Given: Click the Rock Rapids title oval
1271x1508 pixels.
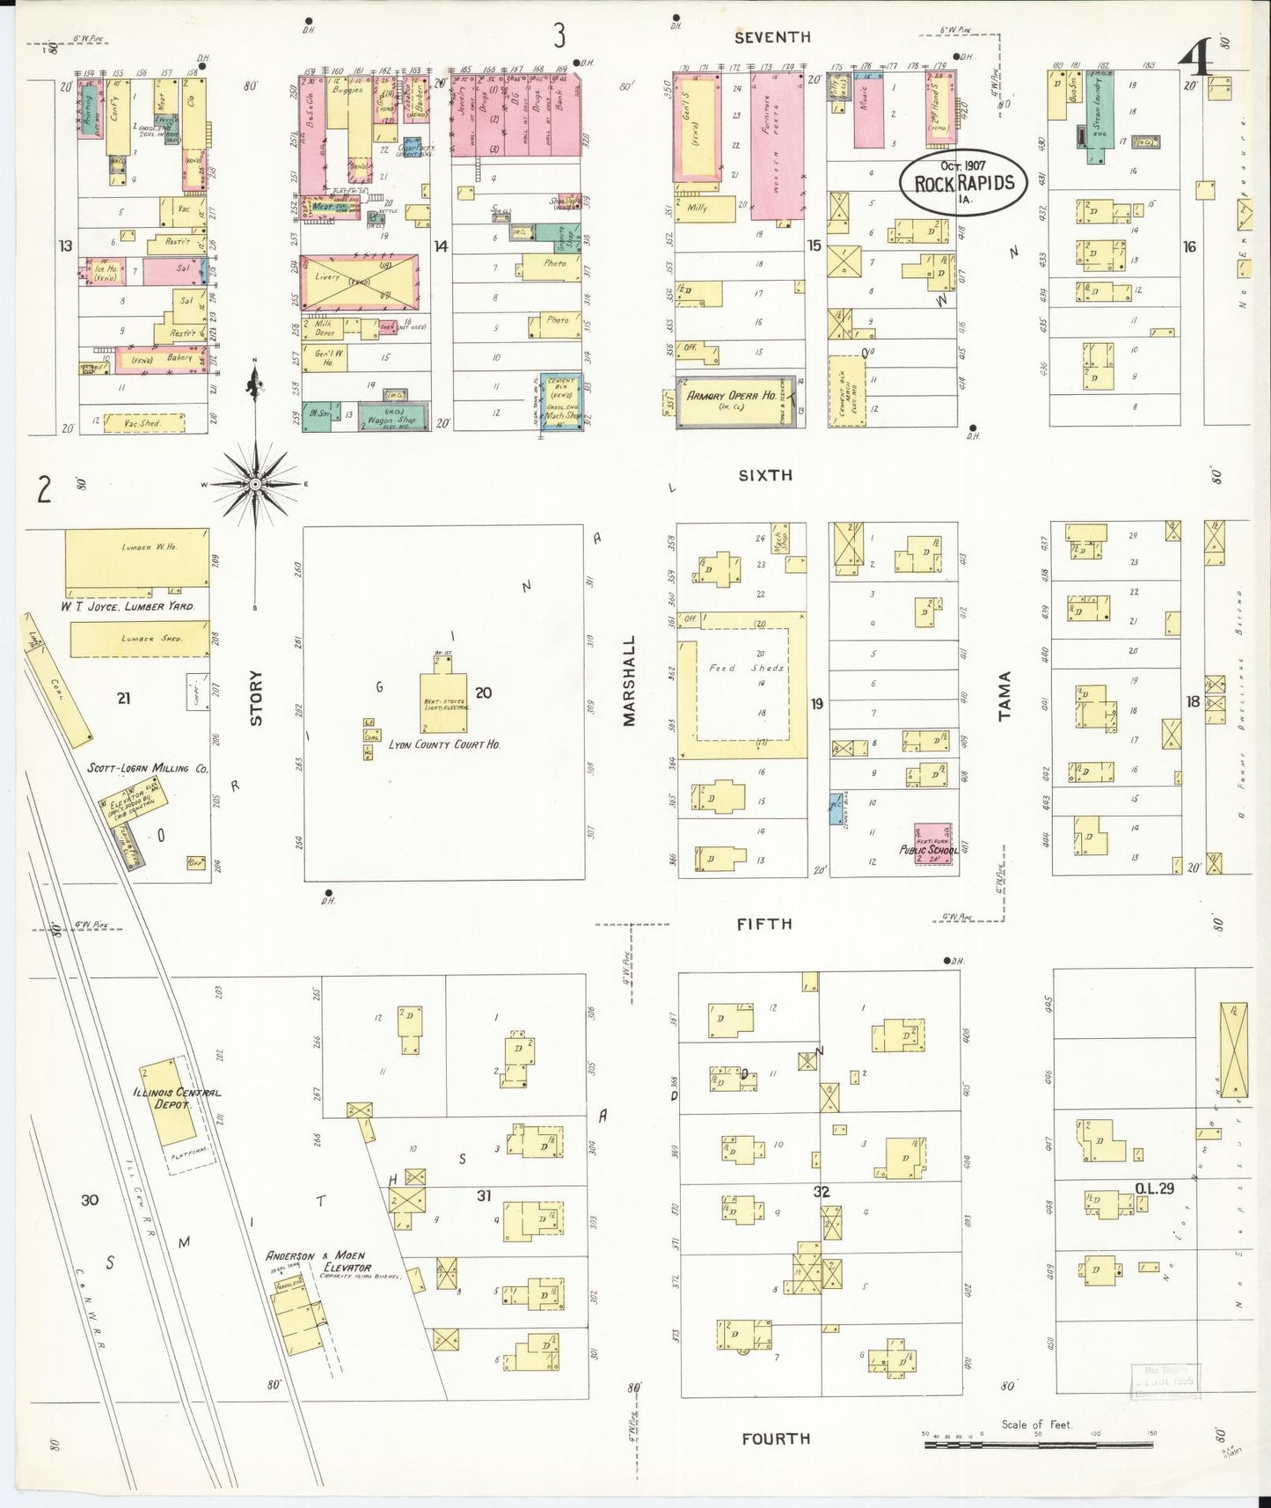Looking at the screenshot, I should pyautogui.click(x=963, y=183).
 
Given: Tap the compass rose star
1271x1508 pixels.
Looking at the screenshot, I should pyautogui.click(x=255, y=484).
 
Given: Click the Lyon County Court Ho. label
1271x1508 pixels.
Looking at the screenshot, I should pyautogui.click(x=444, y=744).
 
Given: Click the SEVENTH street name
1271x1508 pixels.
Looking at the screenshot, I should pyautogui.click(x=772, y=37).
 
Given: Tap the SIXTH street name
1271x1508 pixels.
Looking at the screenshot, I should pyautogui.click(x=764, y=475).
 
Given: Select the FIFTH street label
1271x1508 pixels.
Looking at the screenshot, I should pyautogui.click(x=764, y=924).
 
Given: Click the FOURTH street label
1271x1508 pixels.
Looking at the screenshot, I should pyautogui.click(x=775, y=1438).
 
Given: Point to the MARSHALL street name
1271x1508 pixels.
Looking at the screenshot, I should pyautogui.click(x=629, y=681).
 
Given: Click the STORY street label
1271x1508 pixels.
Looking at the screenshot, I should pyautogui.click(x=256, y=698).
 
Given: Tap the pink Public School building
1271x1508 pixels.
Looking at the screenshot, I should pyautogui.click(x=932, y=843).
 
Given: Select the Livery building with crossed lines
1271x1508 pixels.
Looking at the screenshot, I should pyautogui.click(x=358, y=282).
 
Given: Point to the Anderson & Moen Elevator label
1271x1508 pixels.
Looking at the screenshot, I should pyautogui.click(x=318, y=1262).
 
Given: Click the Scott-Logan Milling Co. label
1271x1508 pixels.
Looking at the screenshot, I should pyautogui.click(x=148, y=768).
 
